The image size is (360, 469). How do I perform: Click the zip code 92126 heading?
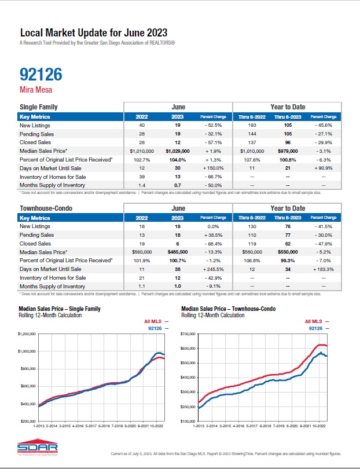pos(41,74)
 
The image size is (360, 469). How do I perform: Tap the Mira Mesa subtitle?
pos(35,90)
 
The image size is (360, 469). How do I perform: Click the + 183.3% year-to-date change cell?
pos(321,270)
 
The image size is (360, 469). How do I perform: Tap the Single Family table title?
pos(39,107)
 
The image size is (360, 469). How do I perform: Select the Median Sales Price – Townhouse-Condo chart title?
pos(230,309)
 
